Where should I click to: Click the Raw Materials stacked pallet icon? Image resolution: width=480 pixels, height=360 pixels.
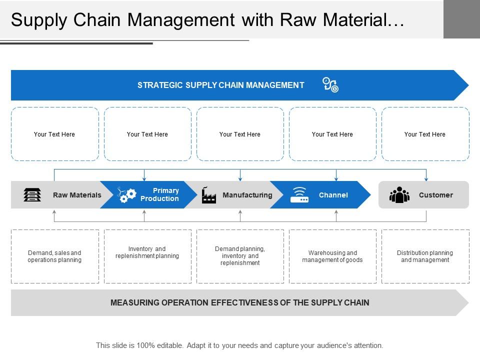32,195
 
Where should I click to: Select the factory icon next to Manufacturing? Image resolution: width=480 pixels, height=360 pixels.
208,195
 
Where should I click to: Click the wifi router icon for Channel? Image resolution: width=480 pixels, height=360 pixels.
299,194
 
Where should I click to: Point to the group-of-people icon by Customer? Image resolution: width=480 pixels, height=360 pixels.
399,195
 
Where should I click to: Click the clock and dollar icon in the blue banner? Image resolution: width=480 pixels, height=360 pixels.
330,85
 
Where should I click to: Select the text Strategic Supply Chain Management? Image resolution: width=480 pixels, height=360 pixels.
220,85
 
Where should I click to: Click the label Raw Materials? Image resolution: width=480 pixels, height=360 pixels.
77,195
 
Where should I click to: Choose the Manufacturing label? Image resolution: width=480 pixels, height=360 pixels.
247,195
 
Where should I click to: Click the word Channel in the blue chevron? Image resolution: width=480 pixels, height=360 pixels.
333,195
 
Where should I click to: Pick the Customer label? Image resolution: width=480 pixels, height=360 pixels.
435,195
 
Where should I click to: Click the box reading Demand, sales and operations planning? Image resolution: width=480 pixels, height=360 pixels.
54,256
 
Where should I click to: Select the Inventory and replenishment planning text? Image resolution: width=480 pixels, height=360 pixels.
147,252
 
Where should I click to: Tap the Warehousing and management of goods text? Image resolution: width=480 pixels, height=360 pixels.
332,256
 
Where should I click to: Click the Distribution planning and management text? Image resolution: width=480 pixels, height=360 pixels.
425,256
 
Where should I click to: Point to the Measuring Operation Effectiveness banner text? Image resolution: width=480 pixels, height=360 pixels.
239,302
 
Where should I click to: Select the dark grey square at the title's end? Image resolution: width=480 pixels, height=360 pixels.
461,19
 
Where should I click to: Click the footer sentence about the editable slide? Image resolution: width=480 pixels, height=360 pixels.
239,345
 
